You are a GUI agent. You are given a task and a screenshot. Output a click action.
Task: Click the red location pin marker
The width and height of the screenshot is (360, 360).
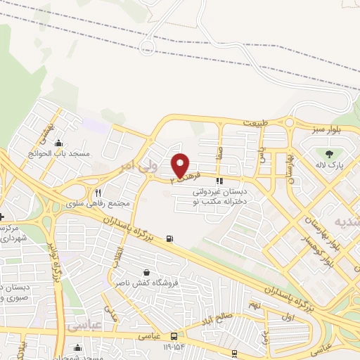(x=181, y=165)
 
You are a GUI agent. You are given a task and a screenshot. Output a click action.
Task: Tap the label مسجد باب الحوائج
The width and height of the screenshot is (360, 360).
(x=51, y=153)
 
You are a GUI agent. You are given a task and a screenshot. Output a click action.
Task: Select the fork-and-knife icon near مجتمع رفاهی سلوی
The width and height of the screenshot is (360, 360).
(x=98, y=193)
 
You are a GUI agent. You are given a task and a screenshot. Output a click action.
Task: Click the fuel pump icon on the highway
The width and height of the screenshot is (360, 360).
(x=169, y=238)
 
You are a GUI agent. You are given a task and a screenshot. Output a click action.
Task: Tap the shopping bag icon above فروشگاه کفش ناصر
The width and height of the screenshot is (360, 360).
(x=146, y=273)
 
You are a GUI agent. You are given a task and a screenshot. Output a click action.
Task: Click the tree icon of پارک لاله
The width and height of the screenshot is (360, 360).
(x=328, y=154)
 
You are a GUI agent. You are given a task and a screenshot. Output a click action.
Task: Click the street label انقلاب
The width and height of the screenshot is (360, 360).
(x=121, y=255)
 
